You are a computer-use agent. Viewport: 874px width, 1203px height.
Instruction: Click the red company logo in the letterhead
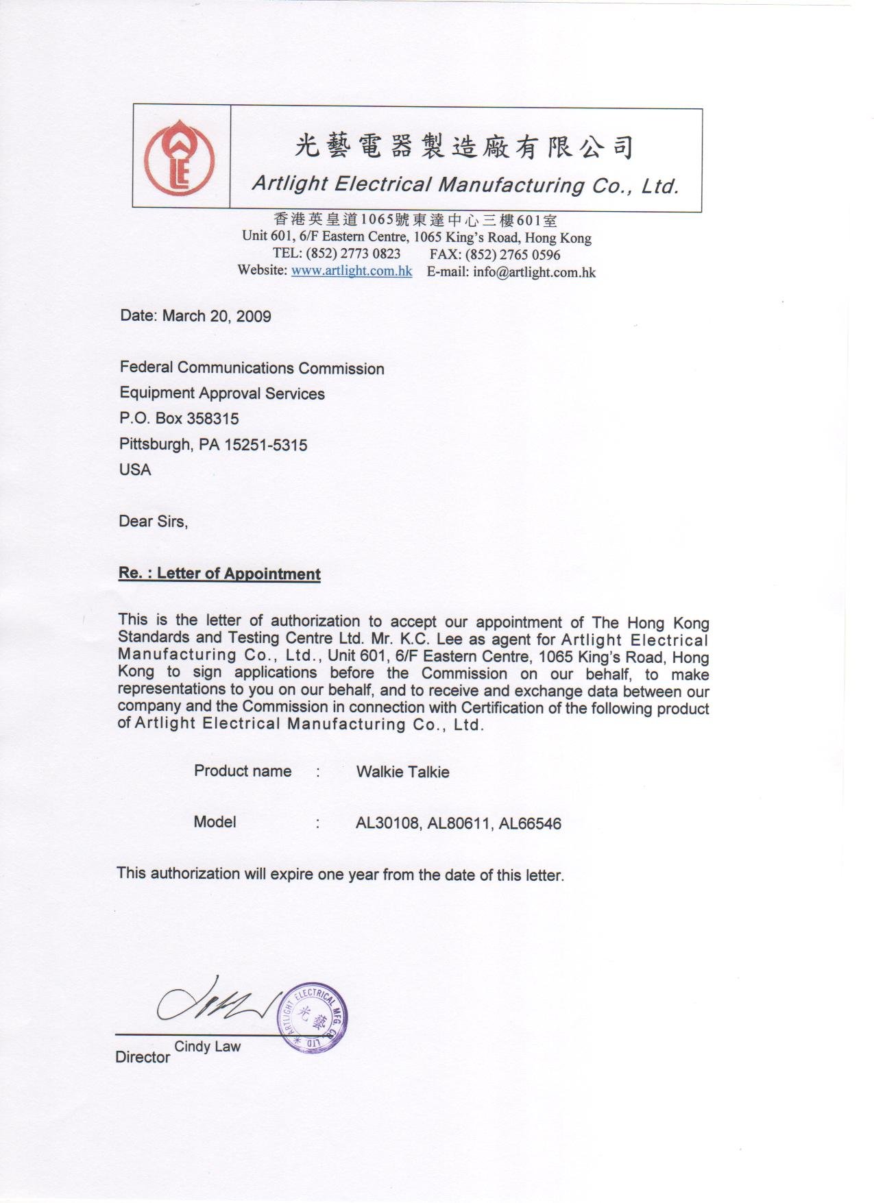(x=179, y=156)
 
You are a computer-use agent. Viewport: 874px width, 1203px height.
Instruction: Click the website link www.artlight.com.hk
(x=351, y=271)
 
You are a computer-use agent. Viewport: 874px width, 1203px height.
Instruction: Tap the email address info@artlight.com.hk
(x=534, y=272)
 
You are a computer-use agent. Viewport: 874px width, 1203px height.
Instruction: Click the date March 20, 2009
(x=217, y=316)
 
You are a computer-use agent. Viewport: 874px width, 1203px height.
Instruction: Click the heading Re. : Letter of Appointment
(x=219, y=574)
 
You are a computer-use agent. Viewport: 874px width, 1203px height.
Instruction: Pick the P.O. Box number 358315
(x=213, y=419)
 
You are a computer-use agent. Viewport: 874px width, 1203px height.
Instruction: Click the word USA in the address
(x=135, y=470)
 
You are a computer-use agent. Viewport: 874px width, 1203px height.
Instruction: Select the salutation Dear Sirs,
(x=153, y=522)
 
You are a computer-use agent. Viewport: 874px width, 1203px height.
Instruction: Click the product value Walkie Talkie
(x=402, y=772)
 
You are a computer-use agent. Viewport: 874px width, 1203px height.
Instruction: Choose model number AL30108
(x=387, y=823)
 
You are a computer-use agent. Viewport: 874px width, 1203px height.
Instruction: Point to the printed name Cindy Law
(x=207, y=1047)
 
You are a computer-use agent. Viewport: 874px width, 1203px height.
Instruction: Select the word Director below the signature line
(x=143, y=1057)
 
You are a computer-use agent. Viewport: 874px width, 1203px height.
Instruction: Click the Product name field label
(x=243, y=771)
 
